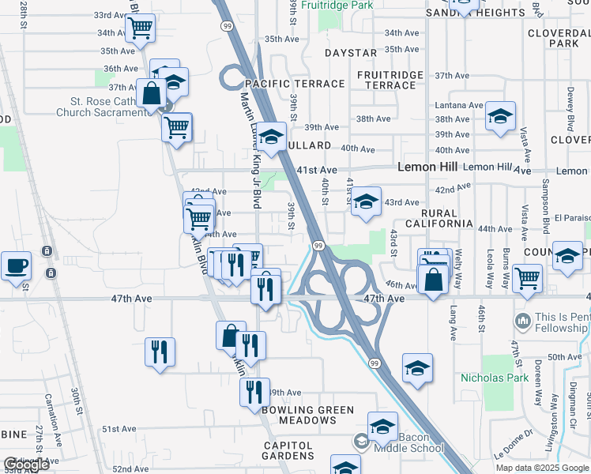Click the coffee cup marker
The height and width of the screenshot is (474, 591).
(x=16, y=265)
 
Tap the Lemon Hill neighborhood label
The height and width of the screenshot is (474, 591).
(x=427, y=167)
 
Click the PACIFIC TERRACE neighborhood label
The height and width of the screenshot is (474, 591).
(x=295, y=84)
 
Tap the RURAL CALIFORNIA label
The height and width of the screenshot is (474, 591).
(x=439, y=219)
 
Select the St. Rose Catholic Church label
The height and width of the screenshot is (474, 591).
(x=103, y=107)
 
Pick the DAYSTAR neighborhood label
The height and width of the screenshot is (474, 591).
(x=350, y=53)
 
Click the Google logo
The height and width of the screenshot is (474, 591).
(x=25, y=465)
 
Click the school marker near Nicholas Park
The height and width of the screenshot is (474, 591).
(x=417, y=368)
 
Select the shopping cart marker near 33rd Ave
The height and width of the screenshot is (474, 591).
(x=140, y=28)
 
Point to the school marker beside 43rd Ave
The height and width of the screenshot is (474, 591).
(x=366, y=201)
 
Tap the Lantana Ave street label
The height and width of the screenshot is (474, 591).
(x=458, y=105)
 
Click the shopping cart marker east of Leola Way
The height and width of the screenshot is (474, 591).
(x=527, y=277)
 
